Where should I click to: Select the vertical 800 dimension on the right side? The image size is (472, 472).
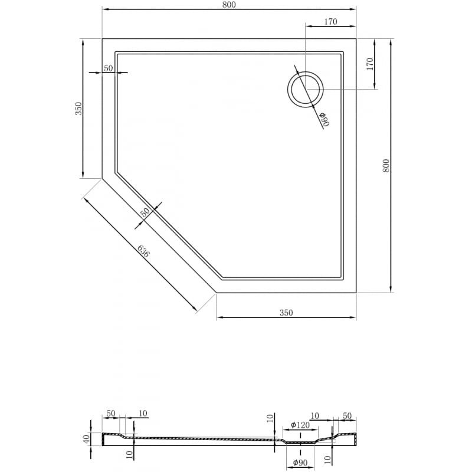point(386,165)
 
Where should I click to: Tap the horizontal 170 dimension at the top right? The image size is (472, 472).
point(330,22)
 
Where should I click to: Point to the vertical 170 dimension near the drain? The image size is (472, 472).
point(370,64)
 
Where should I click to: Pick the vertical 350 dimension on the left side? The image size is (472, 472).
point(78,109)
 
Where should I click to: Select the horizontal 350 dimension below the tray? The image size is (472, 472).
point(286,313)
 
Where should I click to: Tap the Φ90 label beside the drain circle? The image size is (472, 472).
point(324,119)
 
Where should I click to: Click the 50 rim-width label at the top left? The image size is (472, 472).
point(108,68)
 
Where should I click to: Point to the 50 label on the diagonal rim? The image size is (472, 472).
point(145,212)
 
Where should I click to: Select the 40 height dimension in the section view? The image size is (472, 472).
point(86,439)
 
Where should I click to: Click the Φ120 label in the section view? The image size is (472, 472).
point(300,425)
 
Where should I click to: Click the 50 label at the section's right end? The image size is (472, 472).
point(346,416)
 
